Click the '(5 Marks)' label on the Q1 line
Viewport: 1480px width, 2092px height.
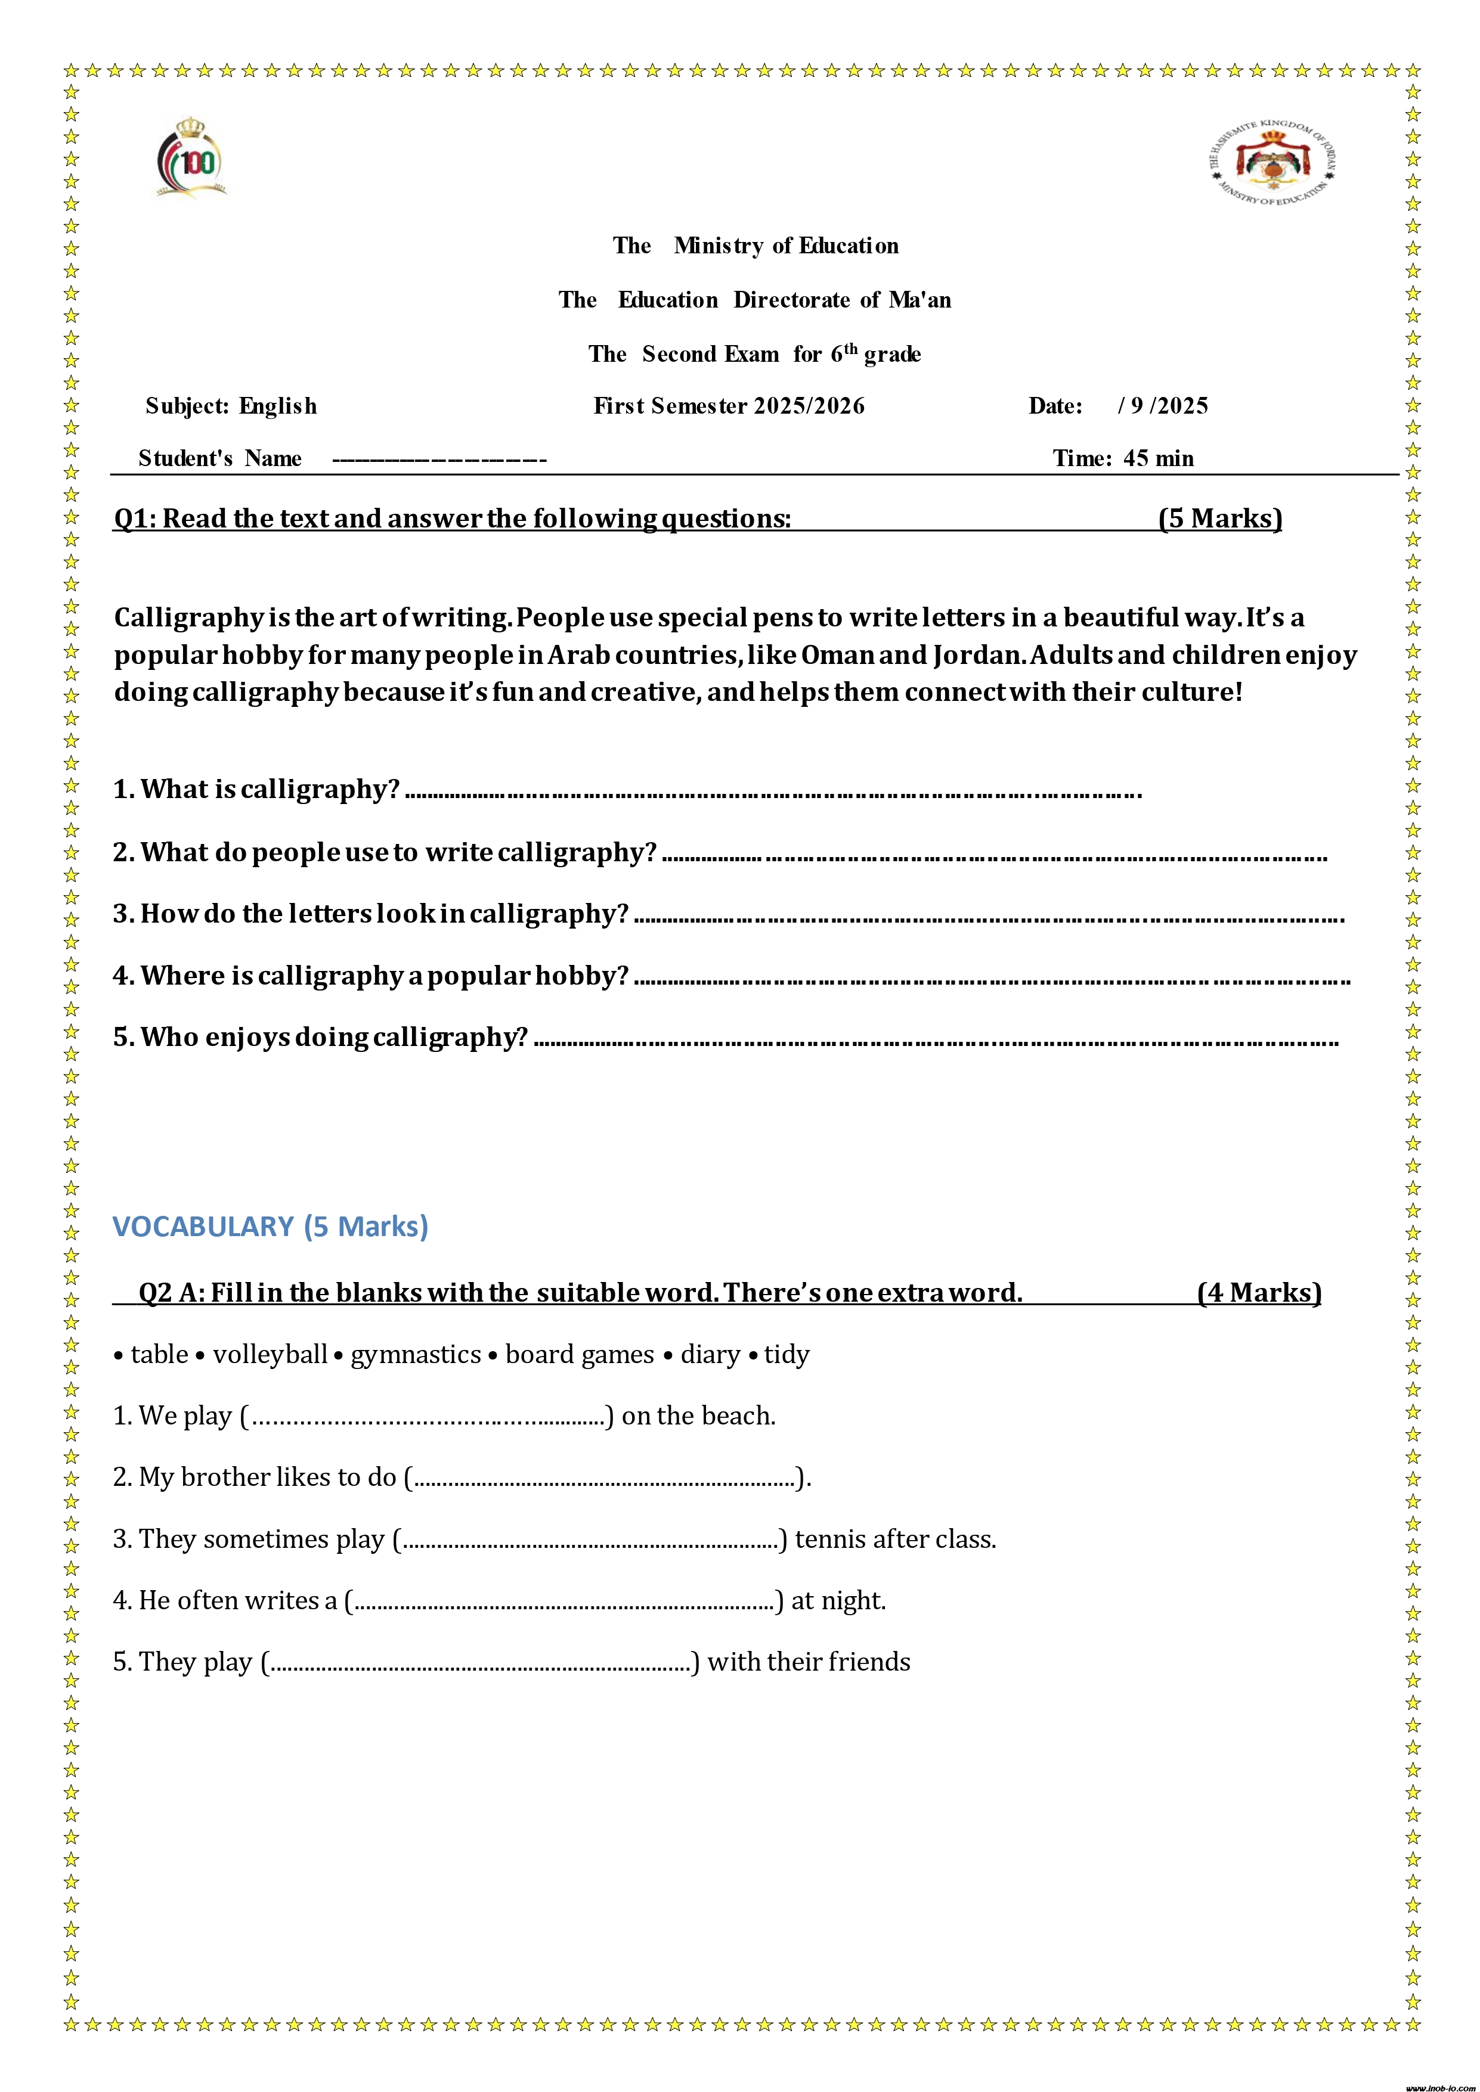[1220, 519]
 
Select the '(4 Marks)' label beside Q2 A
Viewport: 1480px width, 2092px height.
[1259, 1292]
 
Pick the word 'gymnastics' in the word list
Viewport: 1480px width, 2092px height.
[416, 1355]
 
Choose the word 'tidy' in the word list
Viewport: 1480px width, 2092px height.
[787, 1355]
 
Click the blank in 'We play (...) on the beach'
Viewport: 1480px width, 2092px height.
[428, 1417]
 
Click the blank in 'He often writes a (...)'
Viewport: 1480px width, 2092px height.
[563, 1601]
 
